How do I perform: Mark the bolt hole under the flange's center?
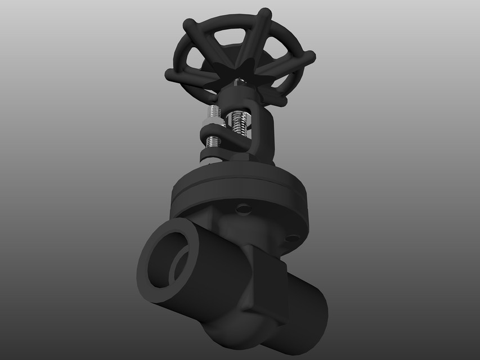click(244, 209)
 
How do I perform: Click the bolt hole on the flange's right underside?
click(291, 240)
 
